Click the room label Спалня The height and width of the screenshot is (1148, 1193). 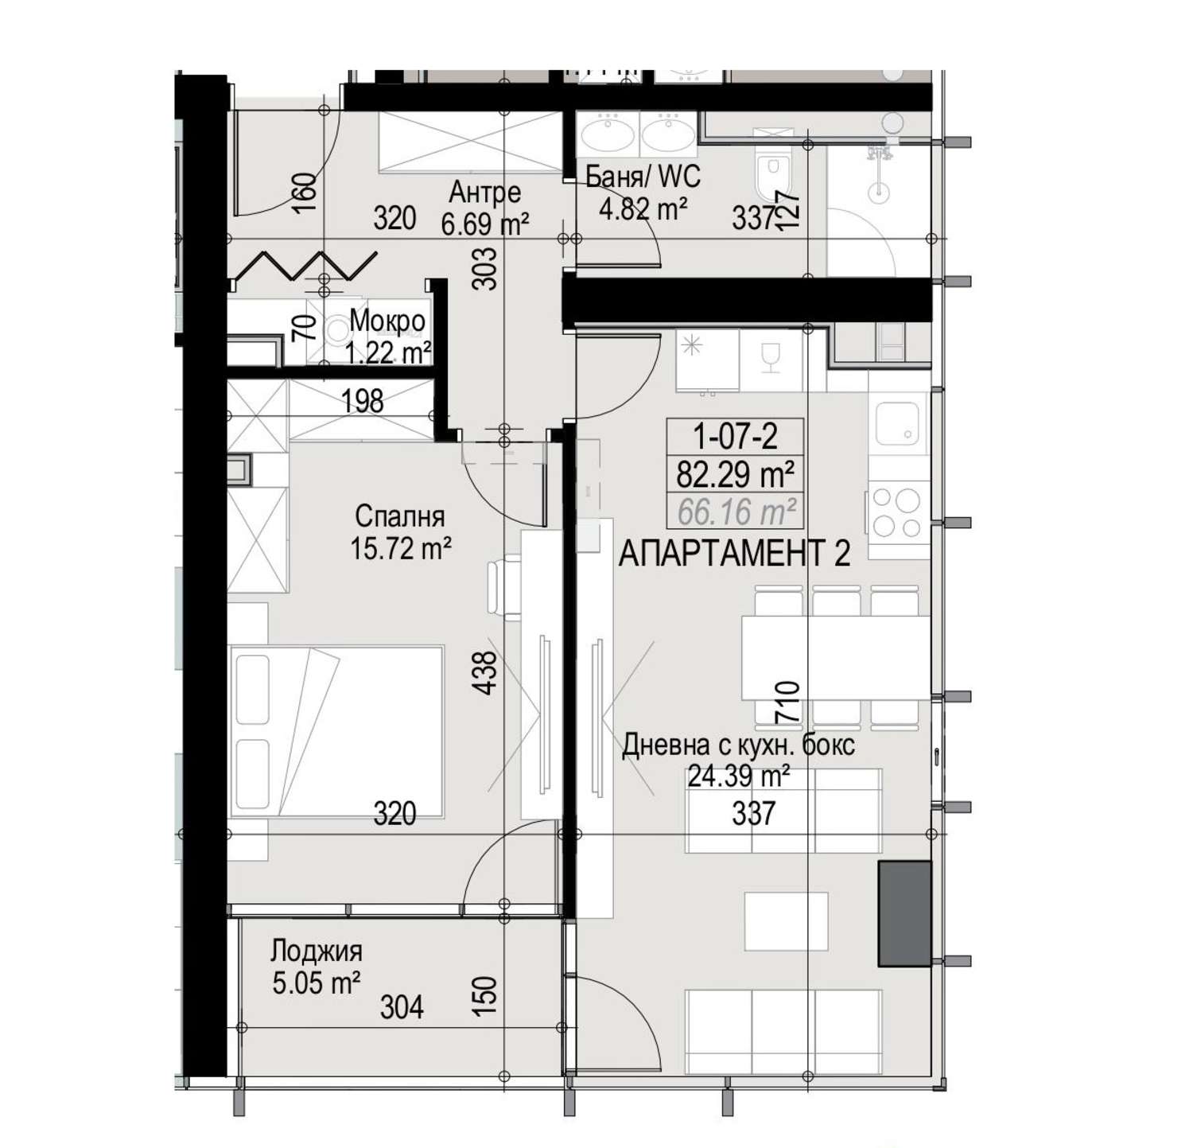[x=399, y=516]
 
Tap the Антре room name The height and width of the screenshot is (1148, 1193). [x=485, y=192]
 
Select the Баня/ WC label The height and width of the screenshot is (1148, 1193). [x=643, y=176]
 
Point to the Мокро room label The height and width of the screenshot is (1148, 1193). [x=387, y=322]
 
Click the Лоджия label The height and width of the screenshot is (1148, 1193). [x=317, y=951]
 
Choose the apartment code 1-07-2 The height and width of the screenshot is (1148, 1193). [x=735, y=436]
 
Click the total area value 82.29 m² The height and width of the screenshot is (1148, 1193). [x=735, y=474]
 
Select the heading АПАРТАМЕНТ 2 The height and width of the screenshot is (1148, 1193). [x=734, y=554]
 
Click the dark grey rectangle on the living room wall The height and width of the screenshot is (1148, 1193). [x=904, y=913]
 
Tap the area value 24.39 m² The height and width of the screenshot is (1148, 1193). [x=739, y=776]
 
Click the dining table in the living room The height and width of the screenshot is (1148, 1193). [x=835, y=657]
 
